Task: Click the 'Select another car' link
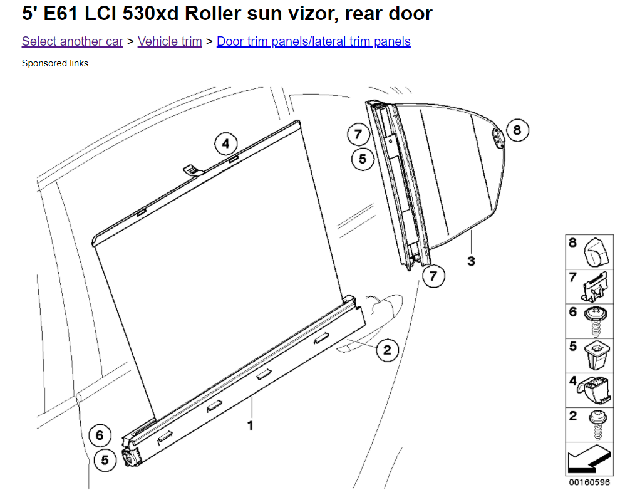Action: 72,41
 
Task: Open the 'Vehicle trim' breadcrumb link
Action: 170,41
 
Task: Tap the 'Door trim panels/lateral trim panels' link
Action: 314,41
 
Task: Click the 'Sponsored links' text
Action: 55,63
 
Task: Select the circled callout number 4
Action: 225,143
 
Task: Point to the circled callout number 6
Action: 100,435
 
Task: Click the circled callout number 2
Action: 387,350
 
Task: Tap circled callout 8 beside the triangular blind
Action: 517,130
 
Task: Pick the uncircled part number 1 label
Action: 251,426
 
